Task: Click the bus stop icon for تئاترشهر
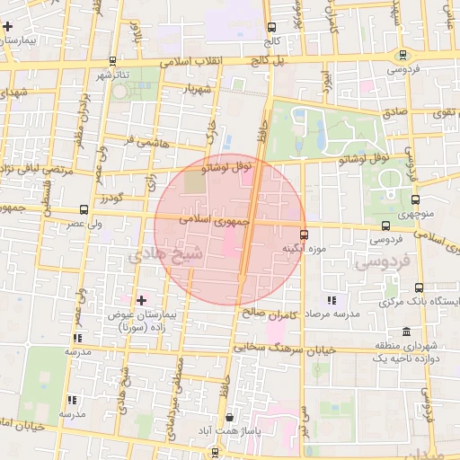tap(112, 61)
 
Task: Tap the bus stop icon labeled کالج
tap(271, 27)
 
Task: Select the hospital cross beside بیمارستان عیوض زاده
tap(139, 300)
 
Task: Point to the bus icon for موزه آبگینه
tap(304, 234)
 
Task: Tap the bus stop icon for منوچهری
tap(415, 200)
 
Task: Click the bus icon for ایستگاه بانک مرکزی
tap(420, 288)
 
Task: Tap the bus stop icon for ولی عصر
tap(84, 208)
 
